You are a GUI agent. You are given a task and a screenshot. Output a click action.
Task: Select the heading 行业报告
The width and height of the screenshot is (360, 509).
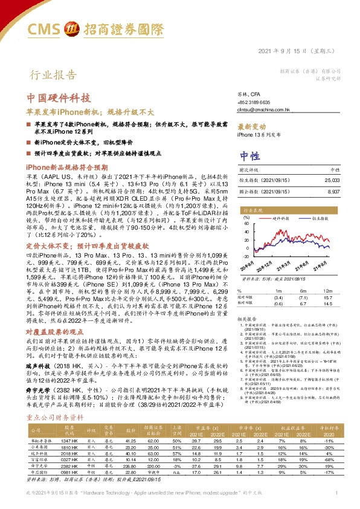(53, 75)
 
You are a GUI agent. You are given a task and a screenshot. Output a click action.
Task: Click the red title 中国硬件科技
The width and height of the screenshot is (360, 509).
(59, 98)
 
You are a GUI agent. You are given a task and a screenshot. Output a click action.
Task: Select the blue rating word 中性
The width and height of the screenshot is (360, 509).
(249, 154)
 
